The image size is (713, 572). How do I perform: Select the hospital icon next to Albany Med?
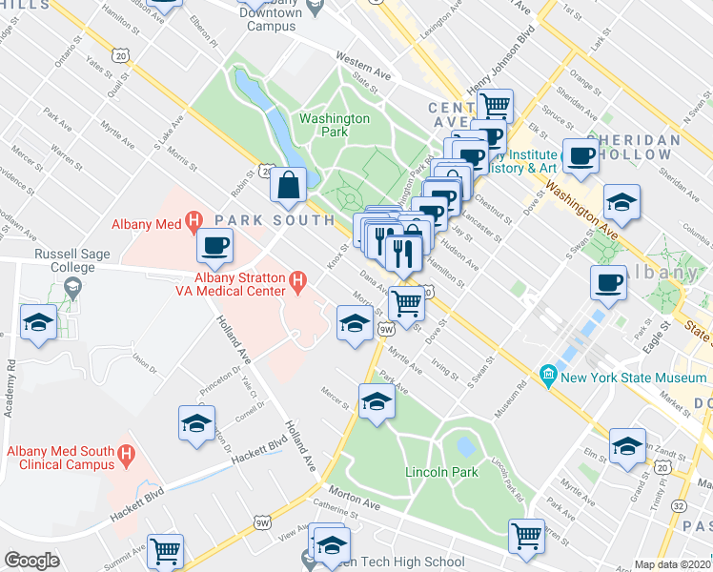click(x=194, y=223)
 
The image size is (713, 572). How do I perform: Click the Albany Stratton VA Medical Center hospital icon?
click(x=297, y=281)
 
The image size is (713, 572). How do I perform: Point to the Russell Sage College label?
click(x=66, y=261)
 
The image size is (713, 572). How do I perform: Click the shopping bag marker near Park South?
click(x=288, y=186)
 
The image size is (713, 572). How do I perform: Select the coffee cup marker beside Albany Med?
click(x=214, y=246)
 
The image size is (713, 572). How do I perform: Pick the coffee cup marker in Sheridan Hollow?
click(x=581, y=156)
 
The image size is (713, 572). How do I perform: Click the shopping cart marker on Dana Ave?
click(x=406, y=304)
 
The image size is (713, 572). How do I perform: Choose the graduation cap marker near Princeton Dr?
click(x=196, y=423)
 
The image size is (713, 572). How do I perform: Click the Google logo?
click(x=31, y=561)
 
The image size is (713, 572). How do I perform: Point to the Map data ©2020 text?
click(x=672, y=564)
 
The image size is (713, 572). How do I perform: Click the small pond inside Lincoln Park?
click(x=466, y=446)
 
